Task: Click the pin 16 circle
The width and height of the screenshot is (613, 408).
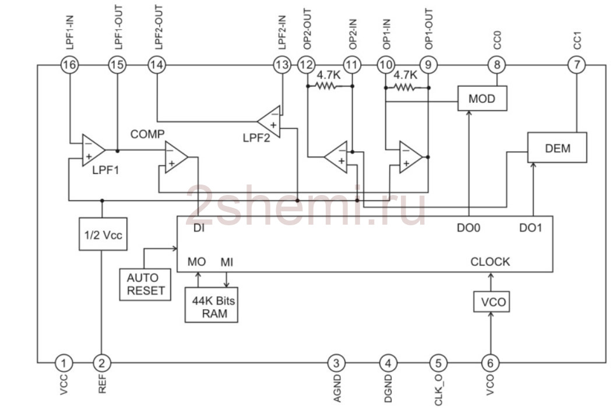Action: tap(70, 65)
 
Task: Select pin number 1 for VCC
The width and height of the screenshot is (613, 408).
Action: tap(64, 363)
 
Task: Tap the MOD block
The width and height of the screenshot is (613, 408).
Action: tap(482, 98)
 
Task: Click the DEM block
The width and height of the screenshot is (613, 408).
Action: tap(557, 148)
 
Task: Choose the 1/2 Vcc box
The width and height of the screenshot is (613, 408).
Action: tap(103, 234)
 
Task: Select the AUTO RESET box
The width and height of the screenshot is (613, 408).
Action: tap(145, 284)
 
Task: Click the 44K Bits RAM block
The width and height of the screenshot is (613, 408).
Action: tap(211, 305)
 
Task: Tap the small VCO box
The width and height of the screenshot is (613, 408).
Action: tap(491, 302)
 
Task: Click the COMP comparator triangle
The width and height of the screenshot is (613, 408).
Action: tap(176, 157)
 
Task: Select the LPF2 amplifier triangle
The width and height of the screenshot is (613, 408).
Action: tap(269, 121)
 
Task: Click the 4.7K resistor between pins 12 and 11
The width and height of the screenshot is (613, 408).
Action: tap(327, 86)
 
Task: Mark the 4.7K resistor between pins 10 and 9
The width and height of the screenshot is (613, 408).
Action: tap(404, 87)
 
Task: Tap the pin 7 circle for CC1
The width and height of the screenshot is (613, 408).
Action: tap(577, 65)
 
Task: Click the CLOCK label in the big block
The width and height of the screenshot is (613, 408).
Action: tap(490, 261)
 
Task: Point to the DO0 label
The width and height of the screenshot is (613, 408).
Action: tap(468, 228)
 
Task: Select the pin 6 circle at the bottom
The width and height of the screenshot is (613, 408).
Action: tap(490, 363)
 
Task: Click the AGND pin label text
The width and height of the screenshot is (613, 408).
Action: tap(337, 388)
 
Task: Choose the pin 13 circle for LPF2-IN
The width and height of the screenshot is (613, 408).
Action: tap(282, 65)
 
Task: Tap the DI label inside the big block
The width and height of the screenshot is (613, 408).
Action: tap(199, 228)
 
